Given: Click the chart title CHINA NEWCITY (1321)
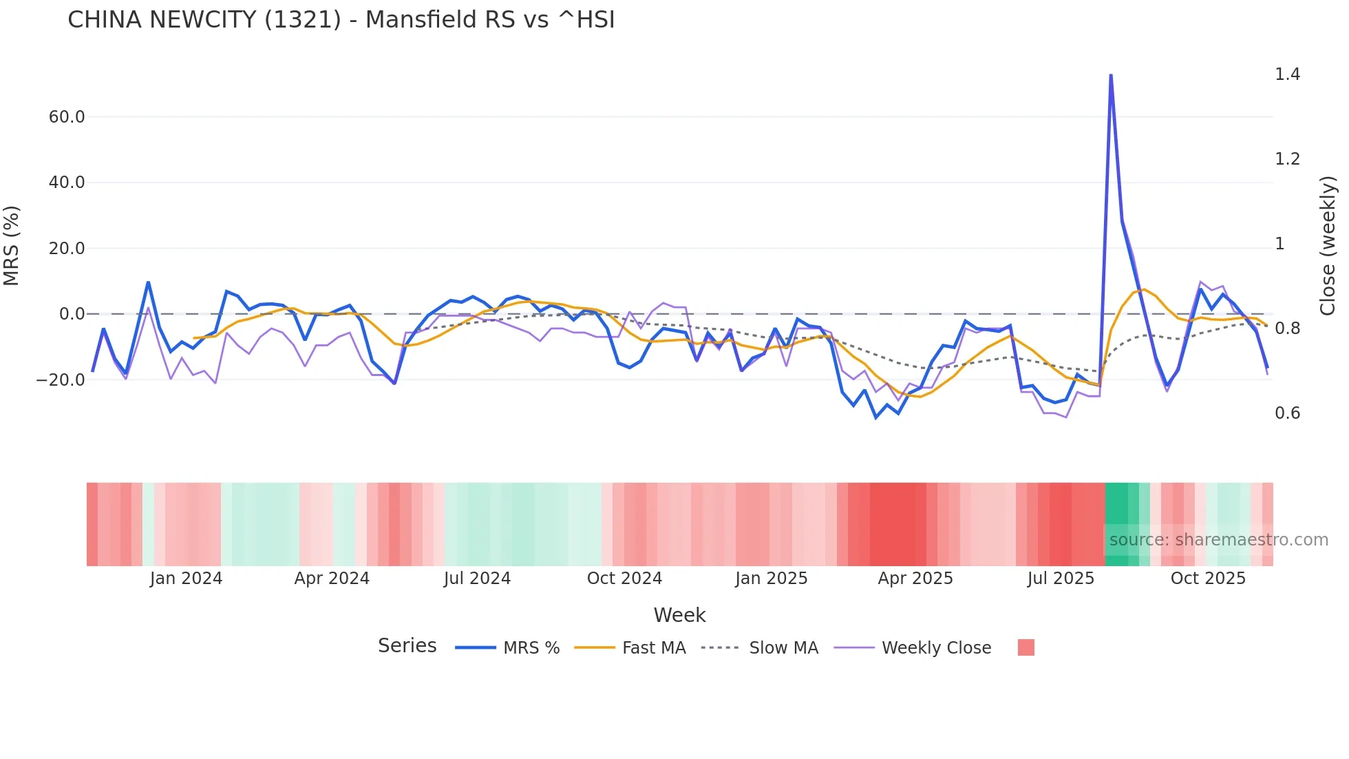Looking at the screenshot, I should [341, 20].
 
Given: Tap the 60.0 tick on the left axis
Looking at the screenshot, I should [67, 117].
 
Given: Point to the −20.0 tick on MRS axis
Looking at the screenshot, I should [61, 380].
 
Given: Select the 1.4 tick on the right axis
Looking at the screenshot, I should [1287, 74].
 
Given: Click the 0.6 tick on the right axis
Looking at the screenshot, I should [1287, 413].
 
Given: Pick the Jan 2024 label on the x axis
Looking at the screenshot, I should [186, 579].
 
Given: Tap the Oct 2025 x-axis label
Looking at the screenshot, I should [1208, 579].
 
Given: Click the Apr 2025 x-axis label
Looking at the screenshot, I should [915, 579].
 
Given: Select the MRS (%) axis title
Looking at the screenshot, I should [12, 246].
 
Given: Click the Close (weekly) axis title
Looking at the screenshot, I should [1328, 246].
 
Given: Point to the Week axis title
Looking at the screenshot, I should [679, 615].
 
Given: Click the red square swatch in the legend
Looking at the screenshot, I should [1026, 647].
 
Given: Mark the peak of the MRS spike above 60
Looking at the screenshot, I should [1111, 75].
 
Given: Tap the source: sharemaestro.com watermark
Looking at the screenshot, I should [1218, 540].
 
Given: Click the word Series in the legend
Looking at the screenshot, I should [407, 646].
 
